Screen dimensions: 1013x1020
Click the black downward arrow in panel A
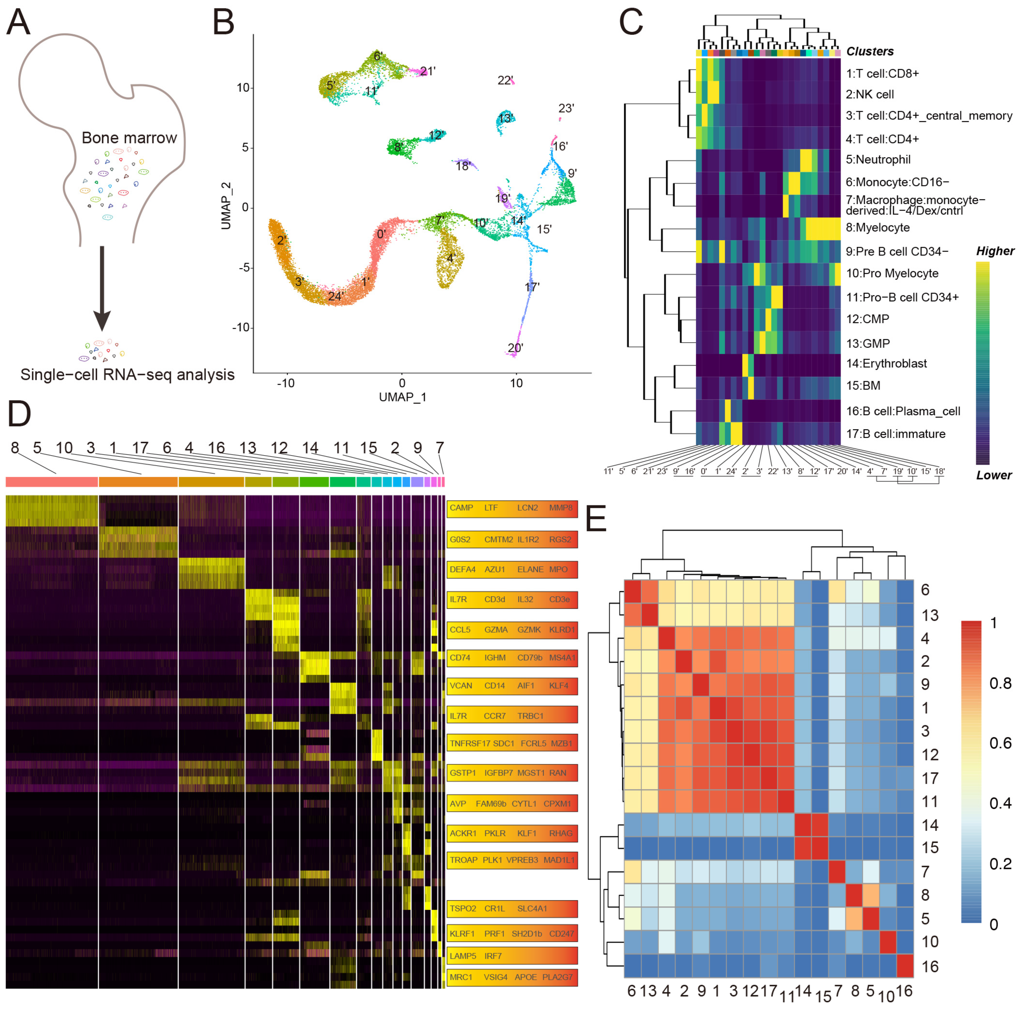(x=102, y=288)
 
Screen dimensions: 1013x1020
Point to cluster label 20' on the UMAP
(x=515, y=348)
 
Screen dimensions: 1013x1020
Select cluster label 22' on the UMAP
(x=505, y=80)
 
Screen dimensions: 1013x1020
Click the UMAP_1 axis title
(x=402, y=397)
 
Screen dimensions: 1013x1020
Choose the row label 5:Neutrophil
(x=878, y=159)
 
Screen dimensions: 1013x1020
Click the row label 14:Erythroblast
(x=887, y=363)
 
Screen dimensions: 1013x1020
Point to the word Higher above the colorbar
(x=995, y=251)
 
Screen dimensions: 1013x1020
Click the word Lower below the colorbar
(x=994, y=475)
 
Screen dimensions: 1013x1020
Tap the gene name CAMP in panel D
(x=461, y=508)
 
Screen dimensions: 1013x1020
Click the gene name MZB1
(x=561, y=743)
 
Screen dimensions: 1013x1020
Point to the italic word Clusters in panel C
(x=870, y=52)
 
